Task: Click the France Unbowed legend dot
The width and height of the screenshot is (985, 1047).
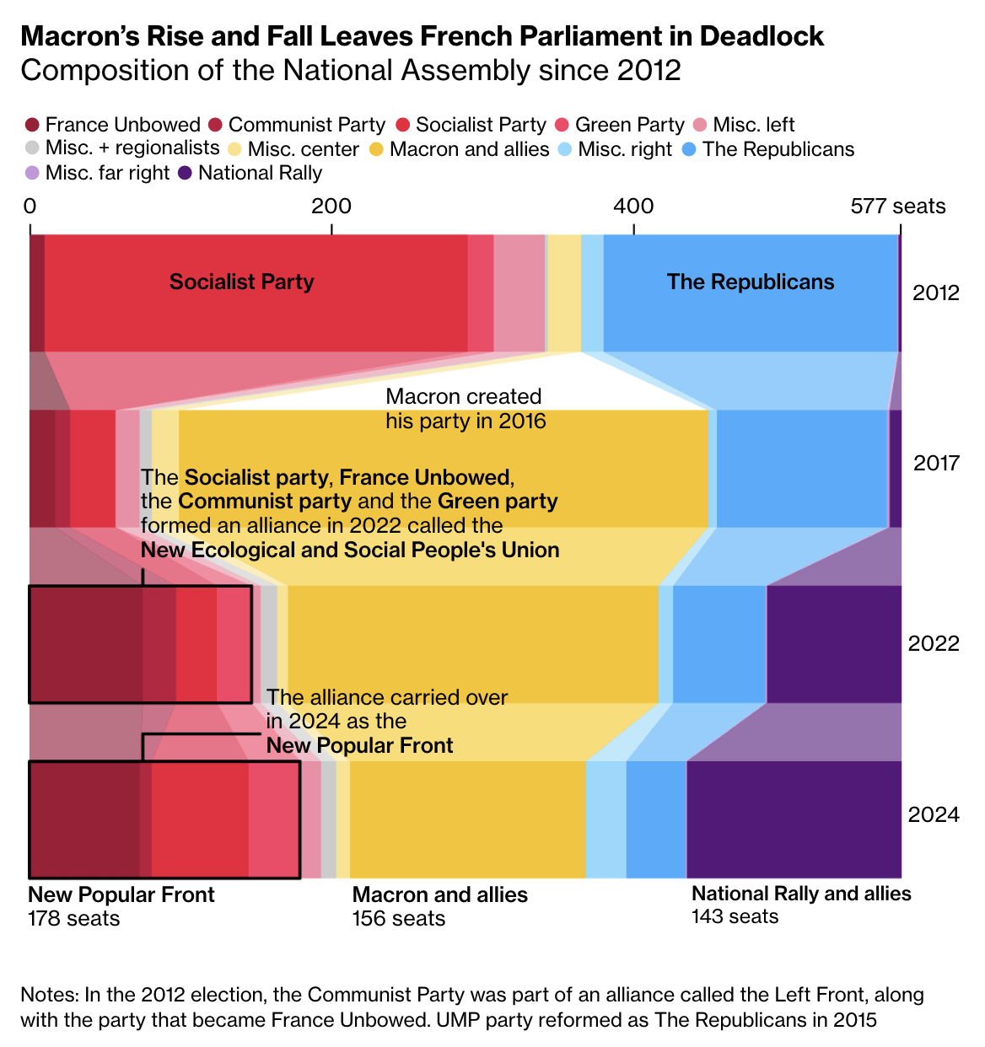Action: coord(33,126)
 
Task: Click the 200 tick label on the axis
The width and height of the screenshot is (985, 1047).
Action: coord(331,207)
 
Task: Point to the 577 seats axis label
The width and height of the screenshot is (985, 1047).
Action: coord(897,207)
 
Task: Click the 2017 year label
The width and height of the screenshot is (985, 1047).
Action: coord(935,463)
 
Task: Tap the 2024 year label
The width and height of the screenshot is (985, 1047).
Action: coord(934,814)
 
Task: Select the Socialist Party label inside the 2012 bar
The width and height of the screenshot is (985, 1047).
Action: coord(241,282)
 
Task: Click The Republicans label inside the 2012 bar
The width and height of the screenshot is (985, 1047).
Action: coord(751,282)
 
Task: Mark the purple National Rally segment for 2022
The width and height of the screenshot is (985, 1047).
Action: coord(833,644)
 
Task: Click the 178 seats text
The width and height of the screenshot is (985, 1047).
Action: coord(74,918)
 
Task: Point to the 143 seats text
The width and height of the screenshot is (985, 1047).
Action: coord(735,916)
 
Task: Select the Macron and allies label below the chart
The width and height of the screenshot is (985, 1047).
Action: coord(439,895)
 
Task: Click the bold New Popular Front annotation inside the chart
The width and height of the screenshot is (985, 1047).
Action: coord(359,746)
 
